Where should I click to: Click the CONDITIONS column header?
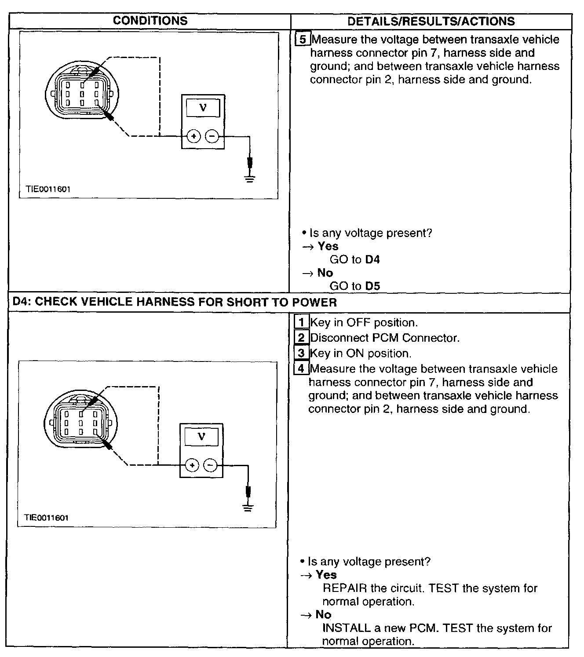150,21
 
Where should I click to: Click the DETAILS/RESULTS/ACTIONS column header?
431,21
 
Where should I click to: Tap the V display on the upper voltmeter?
203,107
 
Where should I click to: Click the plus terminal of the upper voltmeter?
193,136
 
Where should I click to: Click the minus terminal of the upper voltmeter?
212,136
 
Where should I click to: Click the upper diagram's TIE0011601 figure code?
48,189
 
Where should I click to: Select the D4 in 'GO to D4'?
372,259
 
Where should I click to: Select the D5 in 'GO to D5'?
372,286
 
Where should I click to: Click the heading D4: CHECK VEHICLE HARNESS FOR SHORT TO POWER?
175,302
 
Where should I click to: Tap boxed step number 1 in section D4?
301,322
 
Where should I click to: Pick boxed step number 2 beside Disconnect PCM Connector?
301,338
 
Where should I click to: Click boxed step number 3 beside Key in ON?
301,353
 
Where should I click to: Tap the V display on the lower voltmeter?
201,436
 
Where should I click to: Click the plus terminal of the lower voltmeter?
192,465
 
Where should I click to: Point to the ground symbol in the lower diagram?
248,507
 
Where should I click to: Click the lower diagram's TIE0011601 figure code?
47,518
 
